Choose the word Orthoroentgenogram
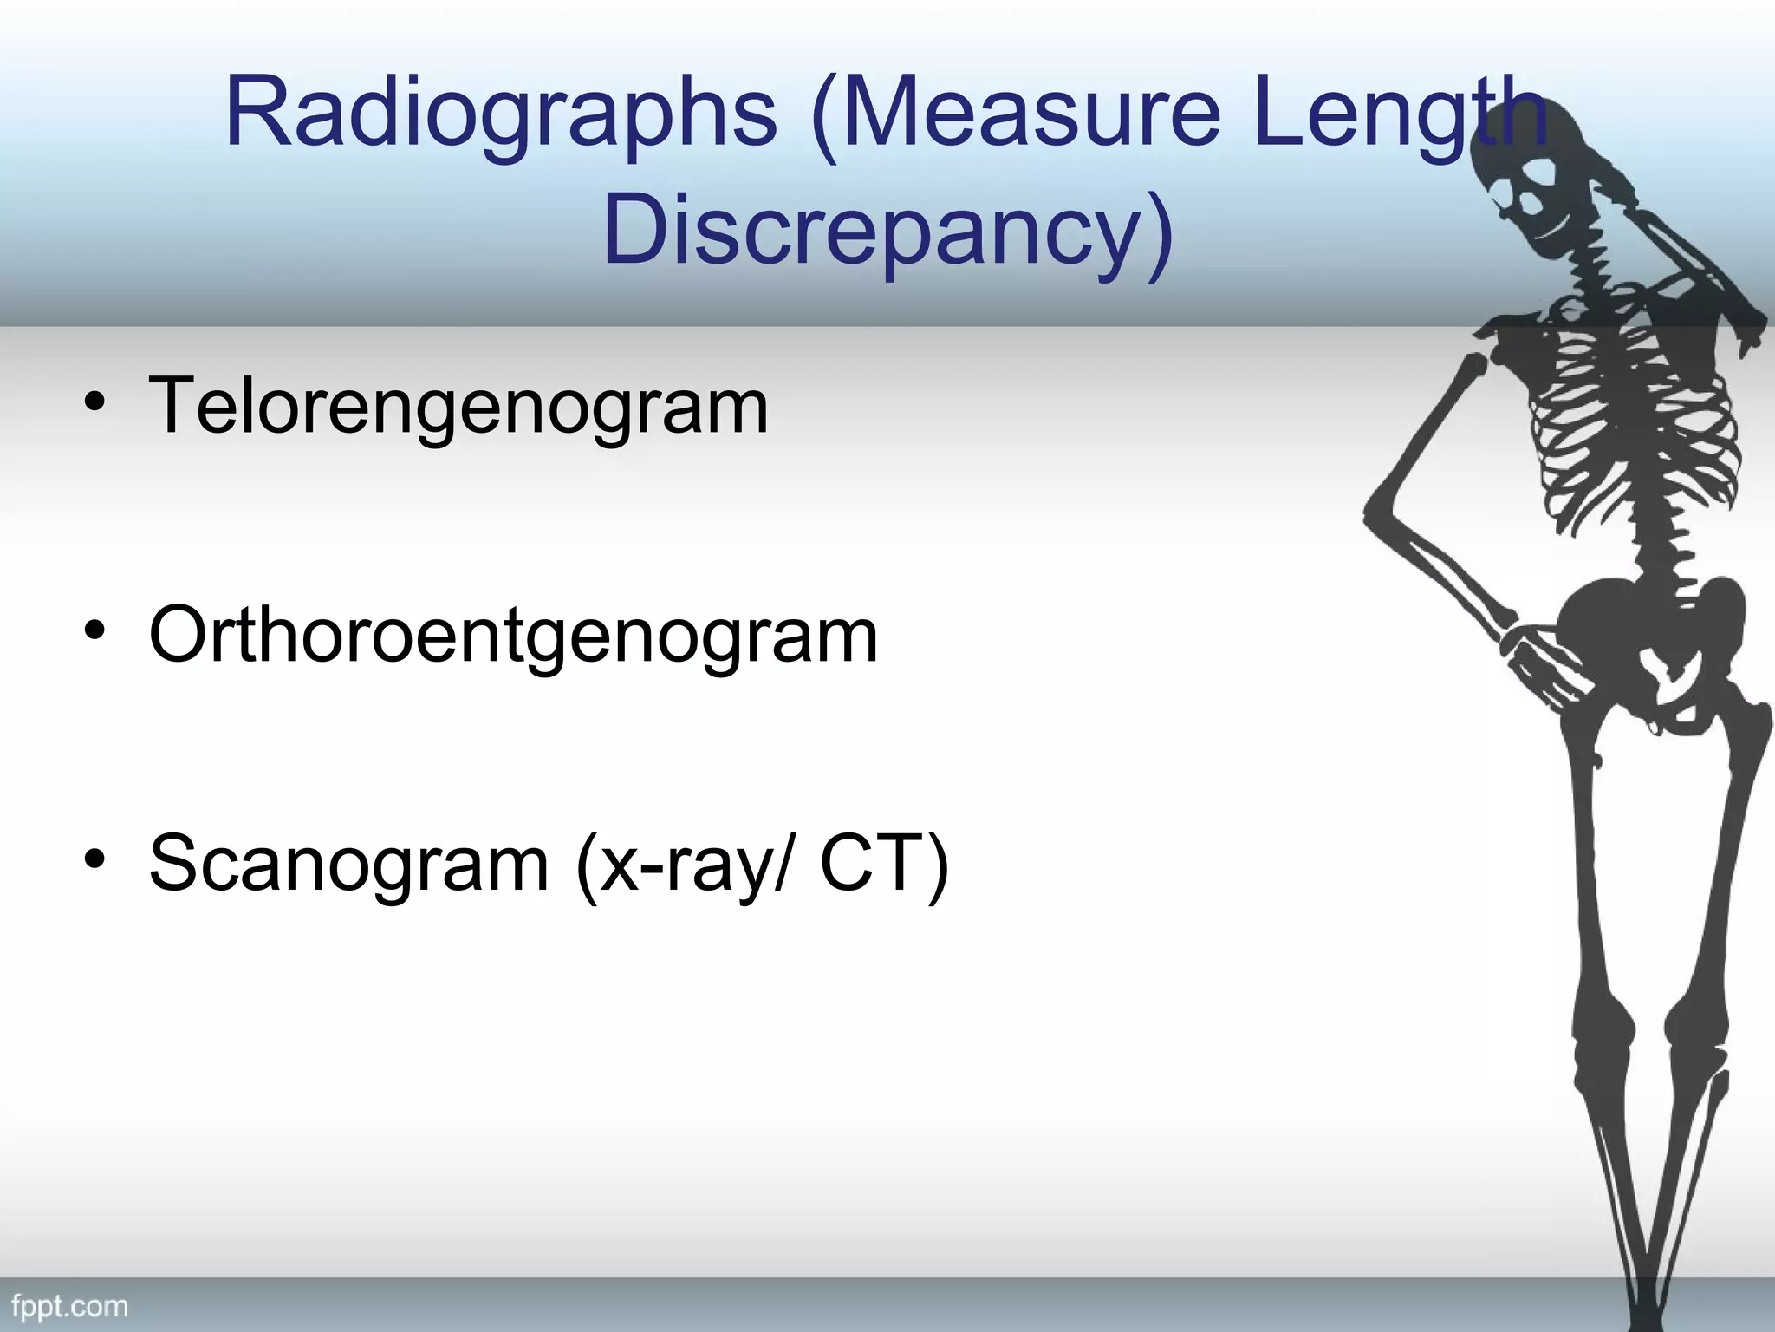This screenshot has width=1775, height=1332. pyautogui.click(x=513, y=636)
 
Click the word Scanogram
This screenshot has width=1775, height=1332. pyautogui.click(x=348, y=864)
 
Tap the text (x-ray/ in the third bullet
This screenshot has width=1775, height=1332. pyautogui.click(x=684, y=864)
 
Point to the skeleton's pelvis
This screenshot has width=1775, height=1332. pyautogui.click(x=1647, y=642)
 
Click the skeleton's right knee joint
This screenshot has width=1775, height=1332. pyautogui.click(x=1603, y=1023)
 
